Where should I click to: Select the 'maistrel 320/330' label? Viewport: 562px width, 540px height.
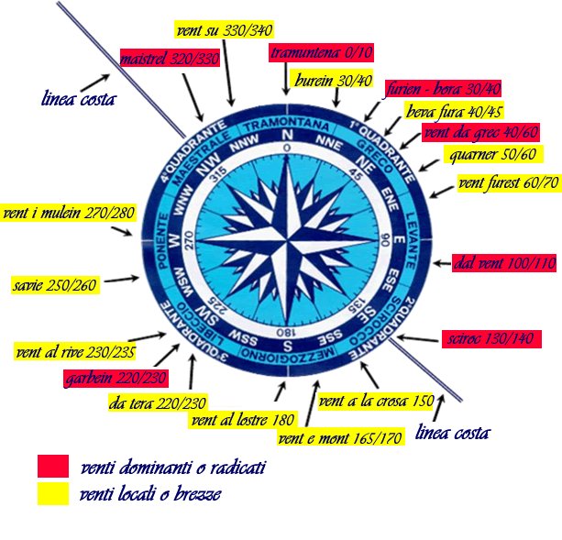(171, 61)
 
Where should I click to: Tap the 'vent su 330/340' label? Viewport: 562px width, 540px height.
(225, 32)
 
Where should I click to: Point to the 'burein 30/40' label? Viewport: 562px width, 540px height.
(333, 81)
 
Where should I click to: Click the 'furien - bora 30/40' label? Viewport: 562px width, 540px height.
(443, 90)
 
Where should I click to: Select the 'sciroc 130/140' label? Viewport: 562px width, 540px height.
(492, 338)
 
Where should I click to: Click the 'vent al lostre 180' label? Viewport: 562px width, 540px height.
(243, 421)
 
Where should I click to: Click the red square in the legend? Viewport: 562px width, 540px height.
(54, 466)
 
